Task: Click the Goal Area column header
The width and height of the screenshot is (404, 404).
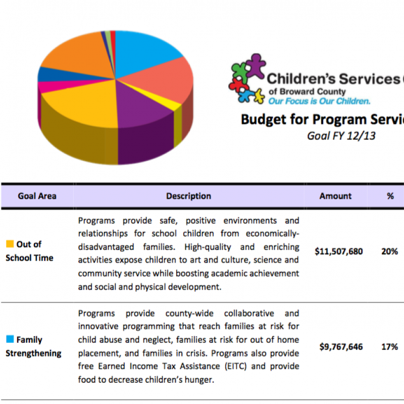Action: [37, 196]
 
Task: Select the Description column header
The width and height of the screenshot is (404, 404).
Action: [188, 196]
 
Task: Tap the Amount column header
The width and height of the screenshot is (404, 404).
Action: [335, 196]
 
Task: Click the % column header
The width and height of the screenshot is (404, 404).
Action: [390, 196]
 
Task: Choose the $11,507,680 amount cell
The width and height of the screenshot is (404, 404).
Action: [338, 251]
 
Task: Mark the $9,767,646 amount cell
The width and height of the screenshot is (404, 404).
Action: [341, 347]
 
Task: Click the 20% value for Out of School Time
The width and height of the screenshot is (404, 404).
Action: [389, 251]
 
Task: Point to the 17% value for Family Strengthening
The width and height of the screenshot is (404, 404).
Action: [389, 347]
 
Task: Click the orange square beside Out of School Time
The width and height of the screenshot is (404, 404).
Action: [10, 244]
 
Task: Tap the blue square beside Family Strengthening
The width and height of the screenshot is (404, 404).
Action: [10, 340]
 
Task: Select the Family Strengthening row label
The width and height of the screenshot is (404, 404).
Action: [33, 346]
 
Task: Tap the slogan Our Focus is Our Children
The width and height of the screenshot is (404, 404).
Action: [319, 101]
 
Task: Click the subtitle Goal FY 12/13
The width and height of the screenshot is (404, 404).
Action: [341, 136]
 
